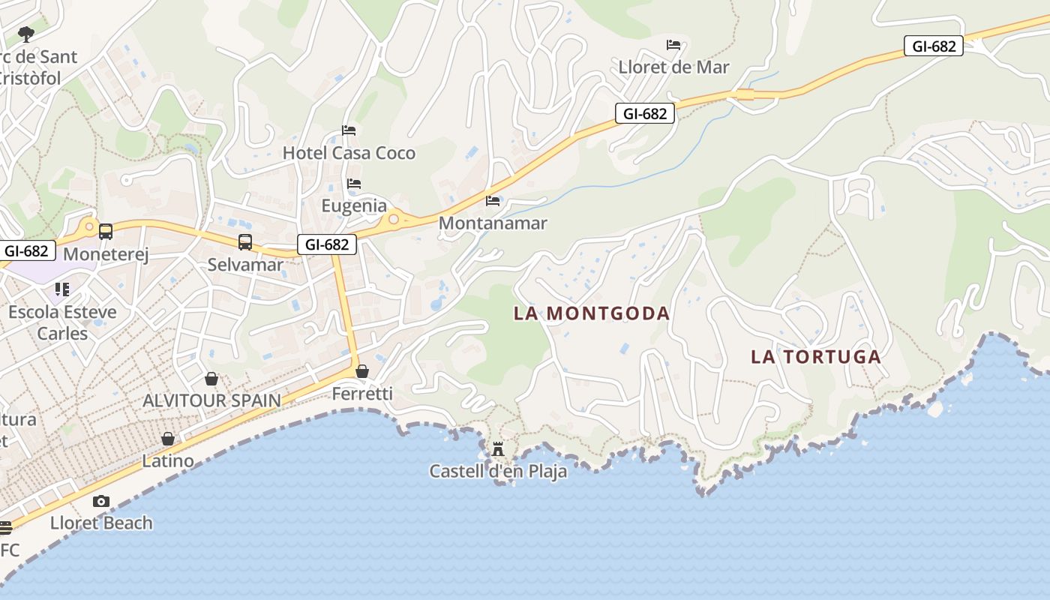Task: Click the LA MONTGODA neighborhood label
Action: (x=591, y=313)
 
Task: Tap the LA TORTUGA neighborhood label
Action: (x=816, y=357)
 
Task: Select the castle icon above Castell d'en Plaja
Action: (x=498, y=449)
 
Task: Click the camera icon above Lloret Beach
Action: (x=101, y=501)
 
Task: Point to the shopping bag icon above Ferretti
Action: (x=362, y=371)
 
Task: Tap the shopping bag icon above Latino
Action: (x=168, y=439)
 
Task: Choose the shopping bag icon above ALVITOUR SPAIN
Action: (x=211, y=379)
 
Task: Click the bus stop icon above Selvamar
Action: (x=245, y=242)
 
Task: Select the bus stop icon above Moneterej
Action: (x=106, y=232)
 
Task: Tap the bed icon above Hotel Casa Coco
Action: (x=349, y=130)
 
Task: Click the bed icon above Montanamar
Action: (x=493, y=201)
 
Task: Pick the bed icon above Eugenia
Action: (x=354, y=184)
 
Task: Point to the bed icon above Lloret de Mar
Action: (x=673, y=45)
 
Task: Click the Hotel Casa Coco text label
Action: (x=349, y=153)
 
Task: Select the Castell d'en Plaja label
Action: (x=498, y=471)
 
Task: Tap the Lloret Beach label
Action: (x=101, y=523)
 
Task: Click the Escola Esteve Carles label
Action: (x=62, y=322)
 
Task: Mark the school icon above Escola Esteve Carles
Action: (x=62, y=289)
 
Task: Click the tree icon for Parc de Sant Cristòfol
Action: (x=26, y=34)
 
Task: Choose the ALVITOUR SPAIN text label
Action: (x=211, y=400)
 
